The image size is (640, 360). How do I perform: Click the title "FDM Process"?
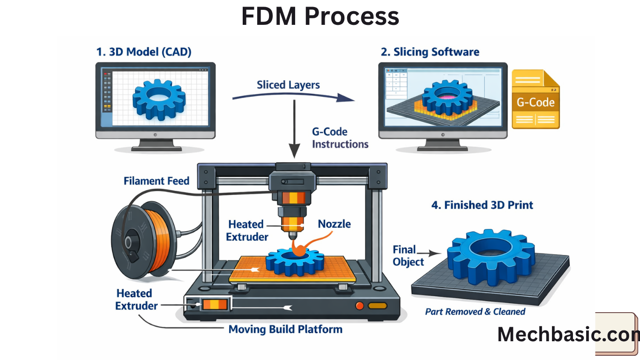point(320,17)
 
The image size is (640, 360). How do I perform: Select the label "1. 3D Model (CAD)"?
point(143,52)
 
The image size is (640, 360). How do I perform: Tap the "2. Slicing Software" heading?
point(430,52)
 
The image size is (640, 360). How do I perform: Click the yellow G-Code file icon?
point(535,99)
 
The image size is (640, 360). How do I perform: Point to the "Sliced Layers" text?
point(288,85)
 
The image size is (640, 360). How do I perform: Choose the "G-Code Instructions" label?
point(340,138)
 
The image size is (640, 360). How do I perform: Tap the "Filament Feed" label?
point(156,180)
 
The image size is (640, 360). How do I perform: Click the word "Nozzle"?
point(334,224)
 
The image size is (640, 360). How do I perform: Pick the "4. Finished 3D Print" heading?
point(482,205)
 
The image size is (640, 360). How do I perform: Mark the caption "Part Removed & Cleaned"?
point(475,312)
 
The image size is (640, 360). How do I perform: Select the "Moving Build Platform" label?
point(285,329)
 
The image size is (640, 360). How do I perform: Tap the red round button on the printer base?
point(359,306)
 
